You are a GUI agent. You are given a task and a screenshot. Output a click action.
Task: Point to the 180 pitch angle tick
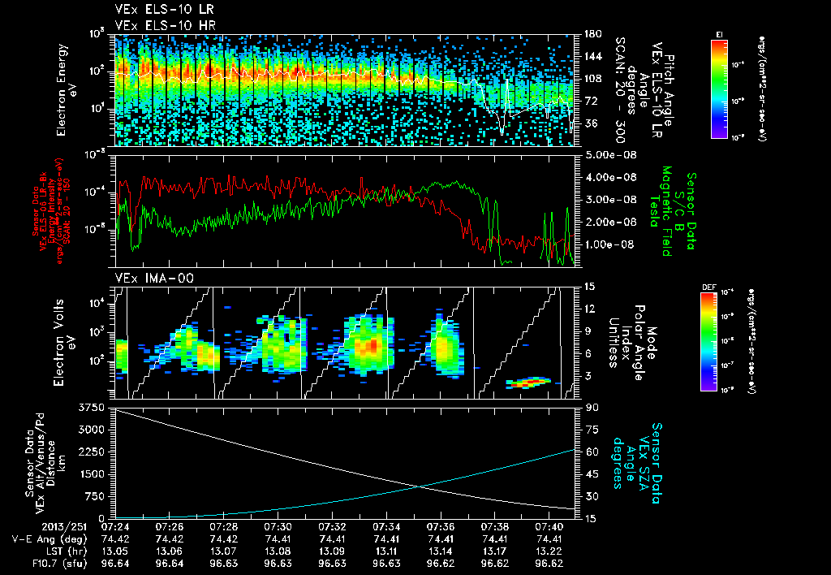[x=590, y=34]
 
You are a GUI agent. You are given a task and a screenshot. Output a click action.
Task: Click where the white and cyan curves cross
[x=419, y=486]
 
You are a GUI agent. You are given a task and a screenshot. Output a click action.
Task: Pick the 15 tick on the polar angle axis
[x=588, y=287]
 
